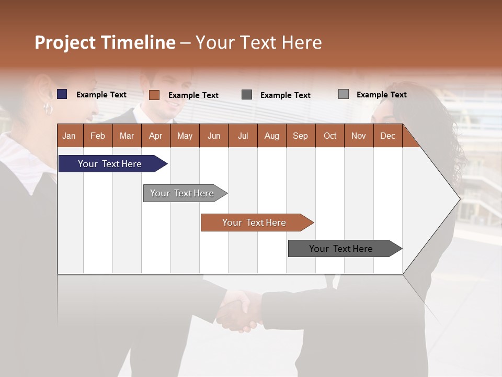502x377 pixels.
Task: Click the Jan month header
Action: point(69,136)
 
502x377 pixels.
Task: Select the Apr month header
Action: point(155,136)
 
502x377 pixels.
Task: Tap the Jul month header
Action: point(243,136)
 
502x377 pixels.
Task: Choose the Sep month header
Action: point(300,136)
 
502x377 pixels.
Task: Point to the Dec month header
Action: point(387,136)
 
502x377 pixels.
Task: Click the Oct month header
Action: point(329,136)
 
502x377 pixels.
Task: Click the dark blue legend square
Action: point(62,94)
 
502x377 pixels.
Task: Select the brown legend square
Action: point(154,95)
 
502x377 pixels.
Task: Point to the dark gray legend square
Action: point(247,95)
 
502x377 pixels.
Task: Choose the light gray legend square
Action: point(344,94)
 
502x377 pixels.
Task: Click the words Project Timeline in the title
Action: point(105,42)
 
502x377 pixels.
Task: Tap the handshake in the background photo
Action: point(241,312)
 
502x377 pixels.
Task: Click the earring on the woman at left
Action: point(48,109)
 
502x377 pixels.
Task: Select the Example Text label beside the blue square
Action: point(101,95)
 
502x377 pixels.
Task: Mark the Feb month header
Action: point(98,136)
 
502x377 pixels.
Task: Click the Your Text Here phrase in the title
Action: point(258,42)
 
